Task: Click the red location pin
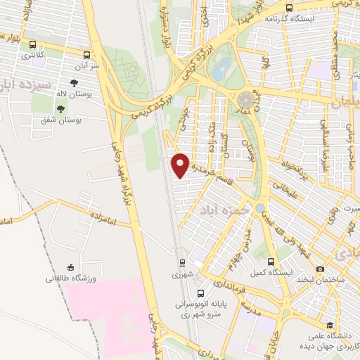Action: [181, 165]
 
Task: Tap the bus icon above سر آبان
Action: [86, 54]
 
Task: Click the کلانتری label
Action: [32, 54]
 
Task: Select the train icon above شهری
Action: [182, 263]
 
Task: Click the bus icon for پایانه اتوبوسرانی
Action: [202, 293]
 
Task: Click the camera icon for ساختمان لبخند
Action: [321, 269]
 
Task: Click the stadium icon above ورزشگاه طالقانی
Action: [70, 267]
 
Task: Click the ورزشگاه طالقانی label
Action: [70, 279]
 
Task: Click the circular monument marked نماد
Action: [245, 101]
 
